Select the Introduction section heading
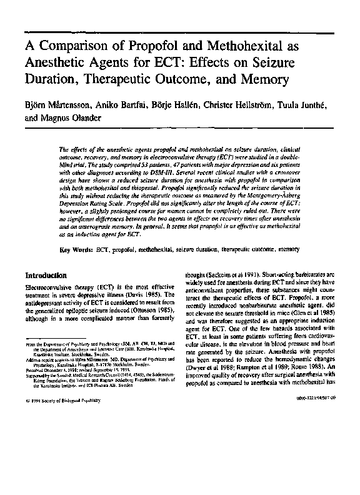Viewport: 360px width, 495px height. point(50,275)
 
